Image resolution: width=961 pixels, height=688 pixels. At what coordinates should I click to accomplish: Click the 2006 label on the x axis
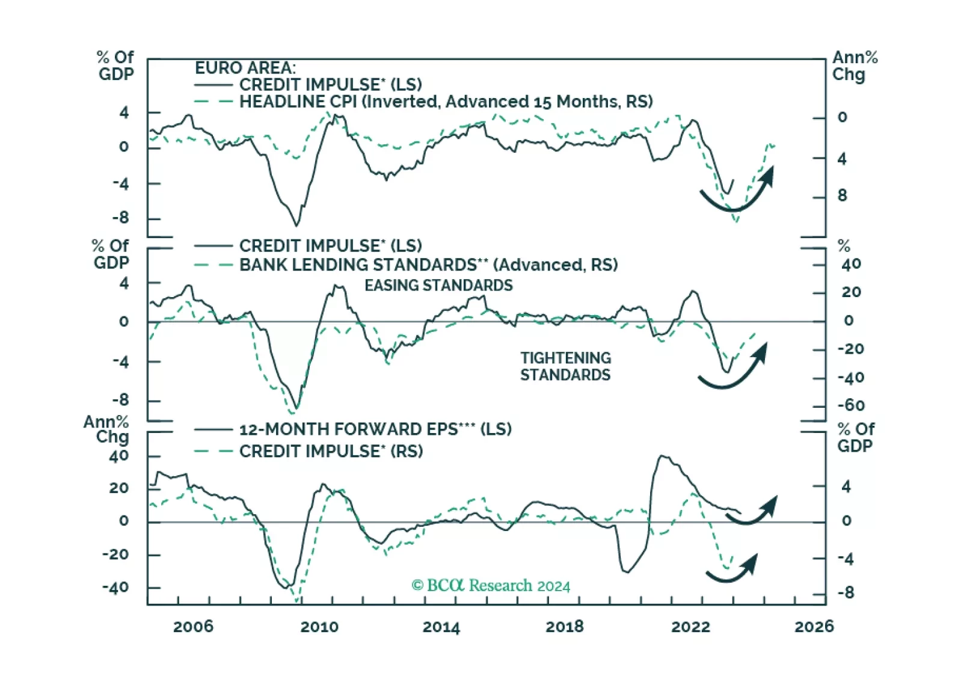[193, 627]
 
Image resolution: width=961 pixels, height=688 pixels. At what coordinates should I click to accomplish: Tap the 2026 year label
[814, 627]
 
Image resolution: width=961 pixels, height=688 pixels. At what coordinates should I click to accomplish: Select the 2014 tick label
[441, 627]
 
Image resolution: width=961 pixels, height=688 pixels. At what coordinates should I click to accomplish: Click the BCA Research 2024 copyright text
[490, 585]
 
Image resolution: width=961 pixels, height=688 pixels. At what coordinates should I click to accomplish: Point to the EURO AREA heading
[245, 68]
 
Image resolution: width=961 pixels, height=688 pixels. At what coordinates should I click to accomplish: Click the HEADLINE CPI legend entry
[446, 102]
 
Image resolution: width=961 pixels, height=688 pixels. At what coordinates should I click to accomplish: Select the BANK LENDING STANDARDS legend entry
[428, 265]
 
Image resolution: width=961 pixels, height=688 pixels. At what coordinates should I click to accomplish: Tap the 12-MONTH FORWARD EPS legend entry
[375, 429]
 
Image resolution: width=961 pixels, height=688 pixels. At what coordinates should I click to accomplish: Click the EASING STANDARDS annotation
[438, 285]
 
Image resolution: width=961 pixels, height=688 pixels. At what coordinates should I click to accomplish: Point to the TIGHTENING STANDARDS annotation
[565, 366]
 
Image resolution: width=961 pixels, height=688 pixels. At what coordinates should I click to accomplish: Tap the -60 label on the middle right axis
[851, 405]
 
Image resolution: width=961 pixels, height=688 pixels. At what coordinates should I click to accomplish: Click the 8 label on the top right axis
[842, 195]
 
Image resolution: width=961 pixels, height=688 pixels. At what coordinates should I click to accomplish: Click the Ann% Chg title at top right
[855, 66]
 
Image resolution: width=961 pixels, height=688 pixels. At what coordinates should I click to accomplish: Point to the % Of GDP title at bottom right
[855, 437]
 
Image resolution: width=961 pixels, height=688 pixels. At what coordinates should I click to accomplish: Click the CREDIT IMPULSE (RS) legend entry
[331, 451]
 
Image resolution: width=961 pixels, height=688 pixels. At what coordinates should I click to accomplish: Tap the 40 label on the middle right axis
[851, 264]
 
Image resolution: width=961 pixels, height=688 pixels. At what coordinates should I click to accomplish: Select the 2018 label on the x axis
[564, 627]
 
